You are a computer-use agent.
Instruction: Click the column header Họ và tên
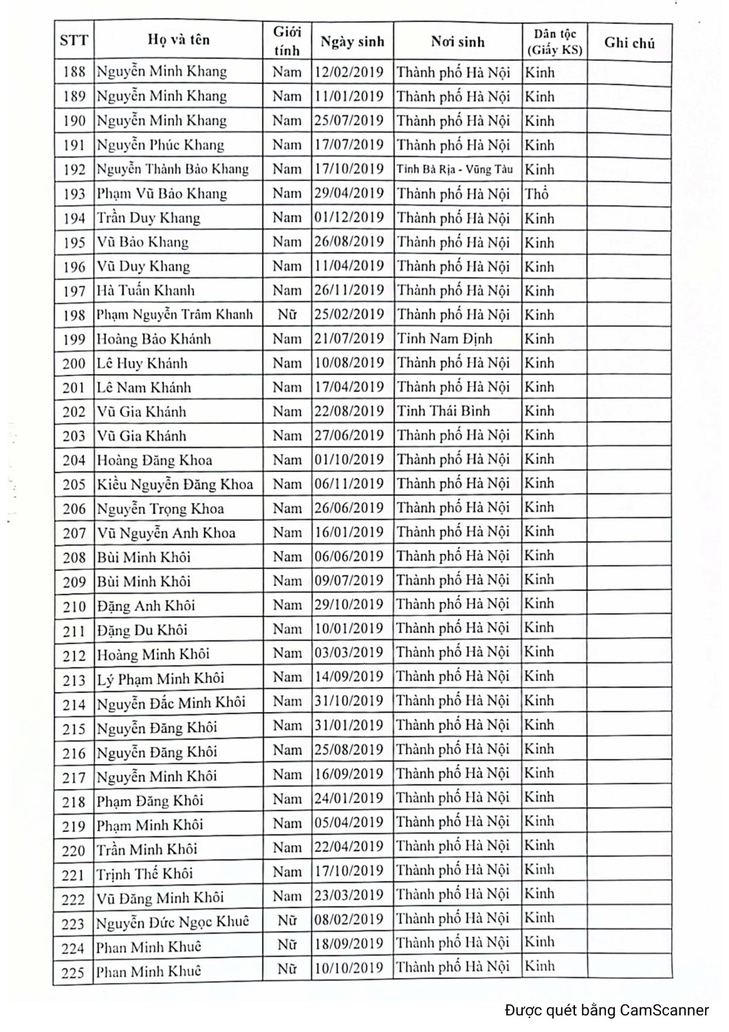178,40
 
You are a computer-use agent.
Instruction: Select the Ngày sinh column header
352,42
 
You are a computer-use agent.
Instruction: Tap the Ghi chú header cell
629,43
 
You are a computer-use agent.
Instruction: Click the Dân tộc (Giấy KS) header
554,42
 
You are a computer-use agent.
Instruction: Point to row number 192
74,169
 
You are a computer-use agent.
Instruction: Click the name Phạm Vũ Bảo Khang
162,193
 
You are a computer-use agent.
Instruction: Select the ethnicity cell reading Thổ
536,193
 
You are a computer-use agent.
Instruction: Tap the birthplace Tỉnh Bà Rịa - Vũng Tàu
455,169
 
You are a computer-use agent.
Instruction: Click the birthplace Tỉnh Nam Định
444,338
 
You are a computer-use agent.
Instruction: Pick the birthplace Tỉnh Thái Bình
444,411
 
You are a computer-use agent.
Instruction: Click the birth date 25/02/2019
349,314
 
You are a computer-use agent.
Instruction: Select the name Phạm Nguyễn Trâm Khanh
175,314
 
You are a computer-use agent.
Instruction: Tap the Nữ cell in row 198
287,314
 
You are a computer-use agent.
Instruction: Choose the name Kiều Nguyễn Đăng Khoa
175,484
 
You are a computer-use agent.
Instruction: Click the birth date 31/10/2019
349,701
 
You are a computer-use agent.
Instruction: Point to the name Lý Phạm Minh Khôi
160,678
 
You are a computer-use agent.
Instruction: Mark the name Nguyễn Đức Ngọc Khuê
173,921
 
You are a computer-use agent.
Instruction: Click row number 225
73,972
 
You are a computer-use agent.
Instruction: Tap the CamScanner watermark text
607,1010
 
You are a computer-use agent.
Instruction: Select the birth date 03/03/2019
349,653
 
